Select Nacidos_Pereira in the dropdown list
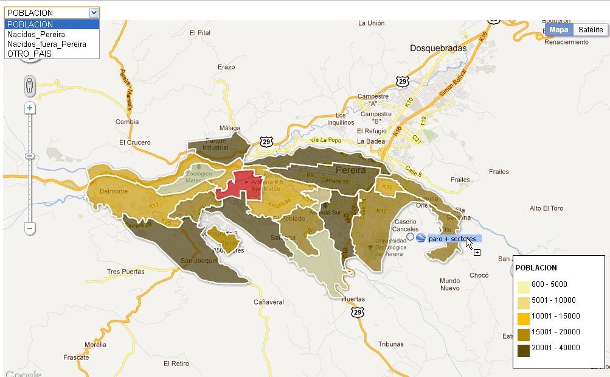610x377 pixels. (36, 34)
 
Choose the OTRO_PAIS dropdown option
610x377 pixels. (29, 54)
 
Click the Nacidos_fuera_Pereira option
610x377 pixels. (46, 44)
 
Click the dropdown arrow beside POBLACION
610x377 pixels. (93, 12)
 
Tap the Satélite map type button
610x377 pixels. (590, 29)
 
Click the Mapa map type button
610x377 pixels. (558, 29)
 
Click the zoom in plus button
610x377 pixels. (30, 108)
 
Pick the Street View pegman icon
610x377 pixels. (30, 86)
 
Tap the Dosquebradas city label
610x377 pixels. (438, 48)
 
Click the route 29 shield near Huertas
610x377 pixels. (357, 312)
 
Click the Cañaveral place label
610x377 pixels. (269, 301)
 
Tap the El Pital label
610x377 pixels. (199, 33)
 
